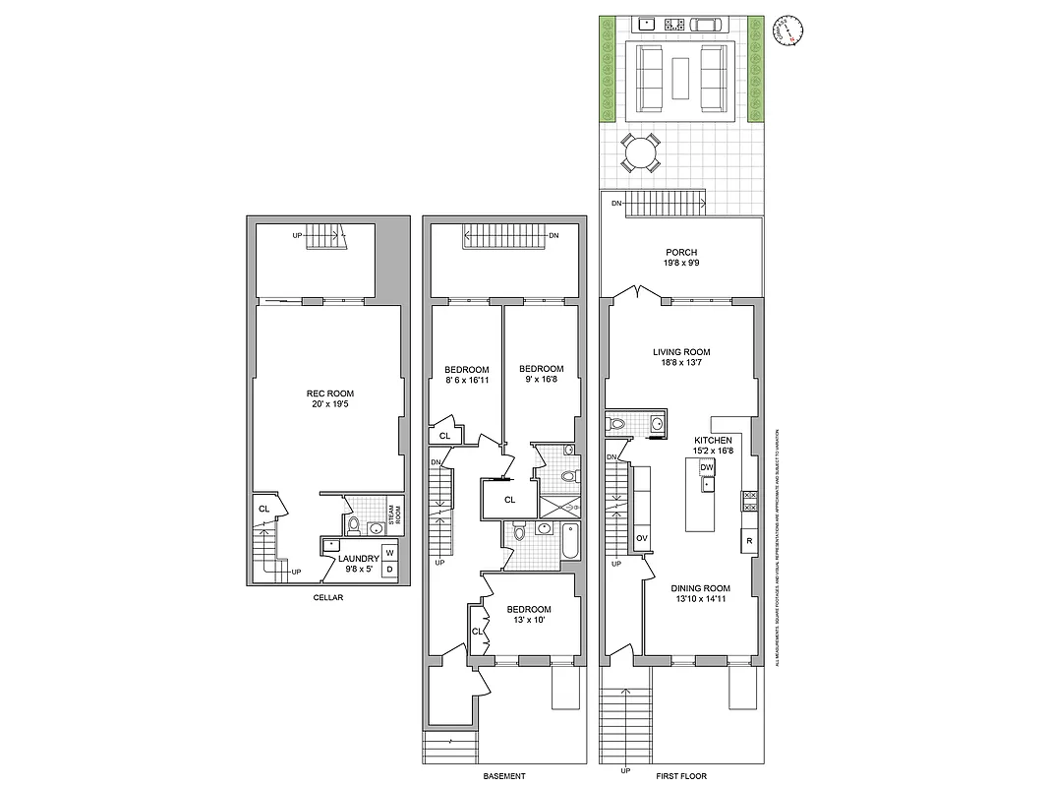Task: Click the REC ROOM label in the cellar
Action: tap(329, 398)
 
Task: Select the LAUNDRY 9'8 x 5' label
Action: tap(358, 563)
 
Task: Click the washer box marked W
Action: tap(389, 553)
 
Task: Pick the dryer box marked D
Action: tap(389, 570)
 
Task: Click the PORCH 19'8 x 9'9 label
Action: tap(679, 258)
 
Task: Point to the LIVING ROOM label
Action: tap(681, 357)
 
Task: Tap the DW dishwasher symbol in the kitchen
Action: tap(707, 467)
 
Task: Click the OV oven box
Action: tap(641, 538)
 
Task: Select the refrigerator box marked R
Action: tap(748, 541)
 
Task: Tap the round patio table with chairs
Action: tap(641, 153)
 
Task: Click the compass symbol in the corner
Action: tap(789, 29)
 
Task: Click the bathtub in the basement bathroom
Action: tap(570, 541)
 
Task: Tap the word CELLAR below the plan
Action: tap(327, 598)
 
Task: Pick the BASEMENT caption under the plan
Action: tap(504, 776)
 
